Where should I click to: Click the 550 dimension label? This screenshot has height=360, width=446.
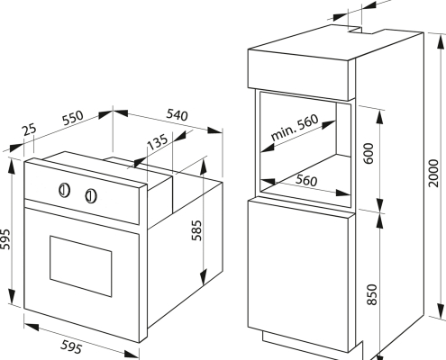[72, 118]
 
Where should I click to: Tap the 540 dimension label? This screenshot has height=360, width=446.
[177, 115]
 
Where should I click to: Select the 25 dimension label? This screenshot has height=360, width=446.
[30, 130]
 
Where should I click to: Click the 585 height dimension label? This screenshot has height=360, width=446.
[196, 230]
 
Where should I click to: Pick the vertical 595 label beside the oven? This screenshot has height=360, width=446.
[5, 239]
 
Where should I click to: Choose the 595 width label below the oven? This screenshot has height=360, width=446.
[71, 346]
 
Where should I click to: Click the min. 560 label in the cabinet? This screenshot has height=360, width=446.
[295, 128]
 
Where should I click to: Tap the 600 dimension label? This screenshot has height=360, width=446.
[369, 153]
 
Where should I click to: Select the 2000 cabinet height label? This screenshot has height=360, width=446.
[433, 174]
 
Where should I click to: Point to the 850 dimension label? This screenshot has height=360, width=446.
[372, 294]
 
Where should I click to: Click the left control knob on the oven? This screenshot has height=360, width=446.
[64, 190]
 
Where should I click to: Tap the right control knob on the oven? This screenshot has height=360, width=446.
[91, 196]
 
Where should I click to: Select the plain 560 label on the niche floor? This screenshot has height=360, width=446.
[306, 180]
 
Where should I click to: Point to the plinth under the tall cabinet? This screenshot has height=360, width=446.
[313, 345]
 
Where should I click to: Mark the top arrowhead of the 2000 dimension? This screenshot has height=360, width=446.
[441, 41]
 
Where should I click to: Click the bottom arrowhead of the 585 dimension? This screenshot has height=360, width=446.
[204, 276]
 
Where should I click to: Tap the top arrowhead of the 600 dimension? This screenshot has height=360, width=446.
[380, 118]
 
